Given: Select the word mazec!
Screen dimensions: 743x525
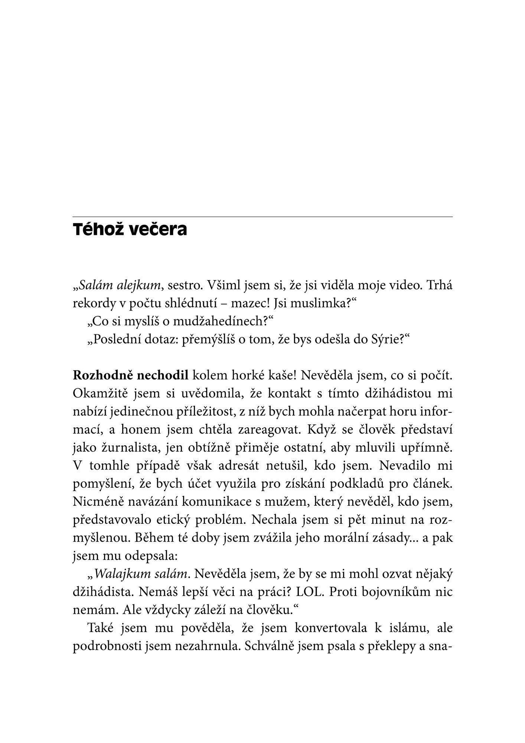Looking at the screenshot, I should coord(250,304).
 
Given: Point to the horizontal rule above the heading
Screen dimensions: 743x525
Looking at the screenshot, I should coord(262,216).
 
